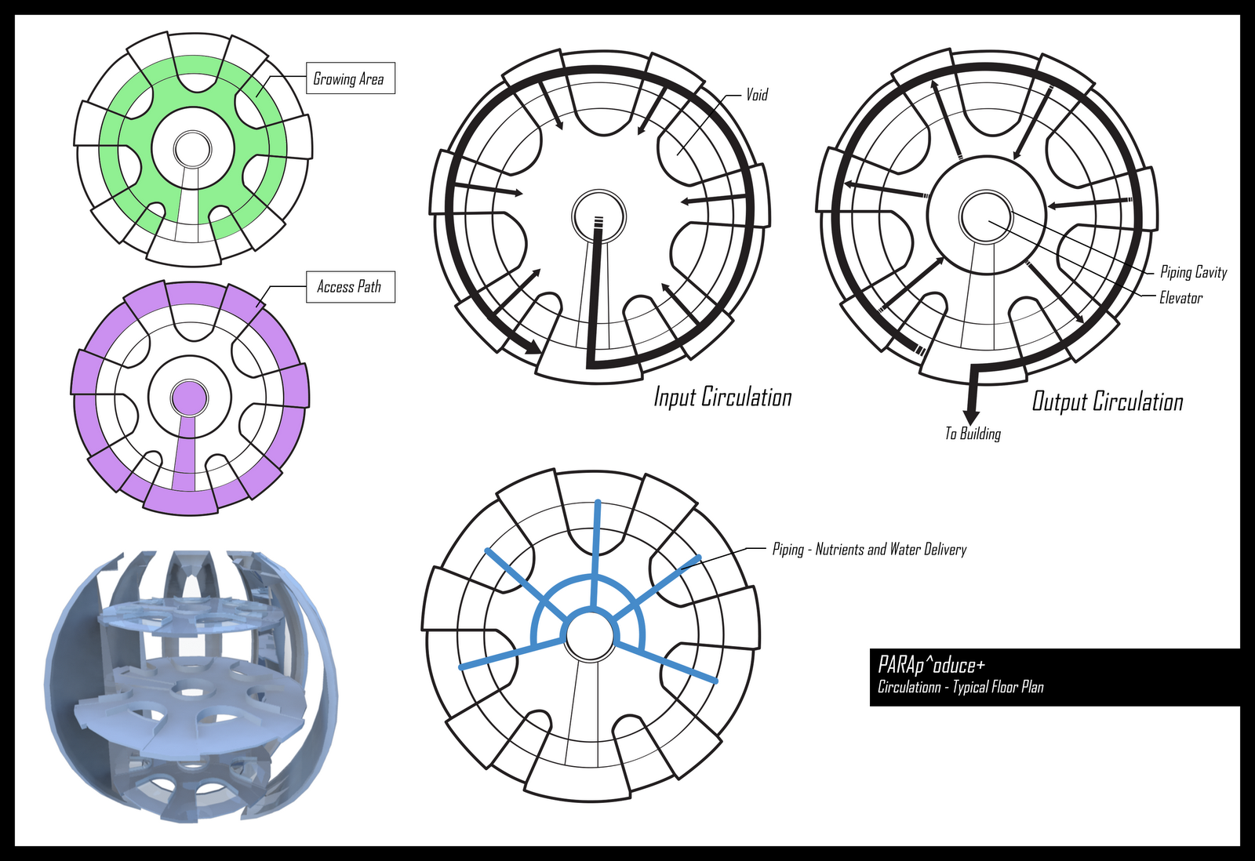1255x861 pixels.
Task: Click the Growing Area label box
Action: tap(349, 78)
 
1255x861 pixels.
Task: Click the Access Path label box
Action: tap(350, 287)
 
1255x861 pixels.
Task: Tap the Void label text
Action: tap(757, 95)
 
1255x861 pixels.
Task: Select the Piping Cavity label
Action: tap(1193, 272)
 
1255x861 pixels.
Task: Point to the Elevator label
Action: tap(1180, 298)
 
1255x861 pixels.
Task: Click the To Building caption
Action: tap(973, 434)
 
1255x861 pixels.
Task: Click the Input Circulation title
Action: tap(722, 397)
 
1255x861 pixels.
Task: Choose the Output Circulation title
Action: tap(1107, 401)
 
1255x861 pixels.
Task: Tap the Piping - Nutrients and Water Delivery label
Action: tap(869, 550)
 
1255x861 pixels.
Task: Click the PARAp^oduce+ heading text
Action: tap(931, 666)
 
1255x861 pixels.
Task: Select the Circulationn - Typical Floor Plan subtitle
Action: tap(960, 688)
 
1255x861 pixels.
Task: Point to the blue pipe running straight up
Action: tap(597, 549)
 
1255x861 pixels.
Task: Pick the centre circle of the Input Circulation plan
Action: tap(599, 215)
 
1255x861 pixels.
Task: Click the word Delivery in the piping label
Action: tap(945, 550)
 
